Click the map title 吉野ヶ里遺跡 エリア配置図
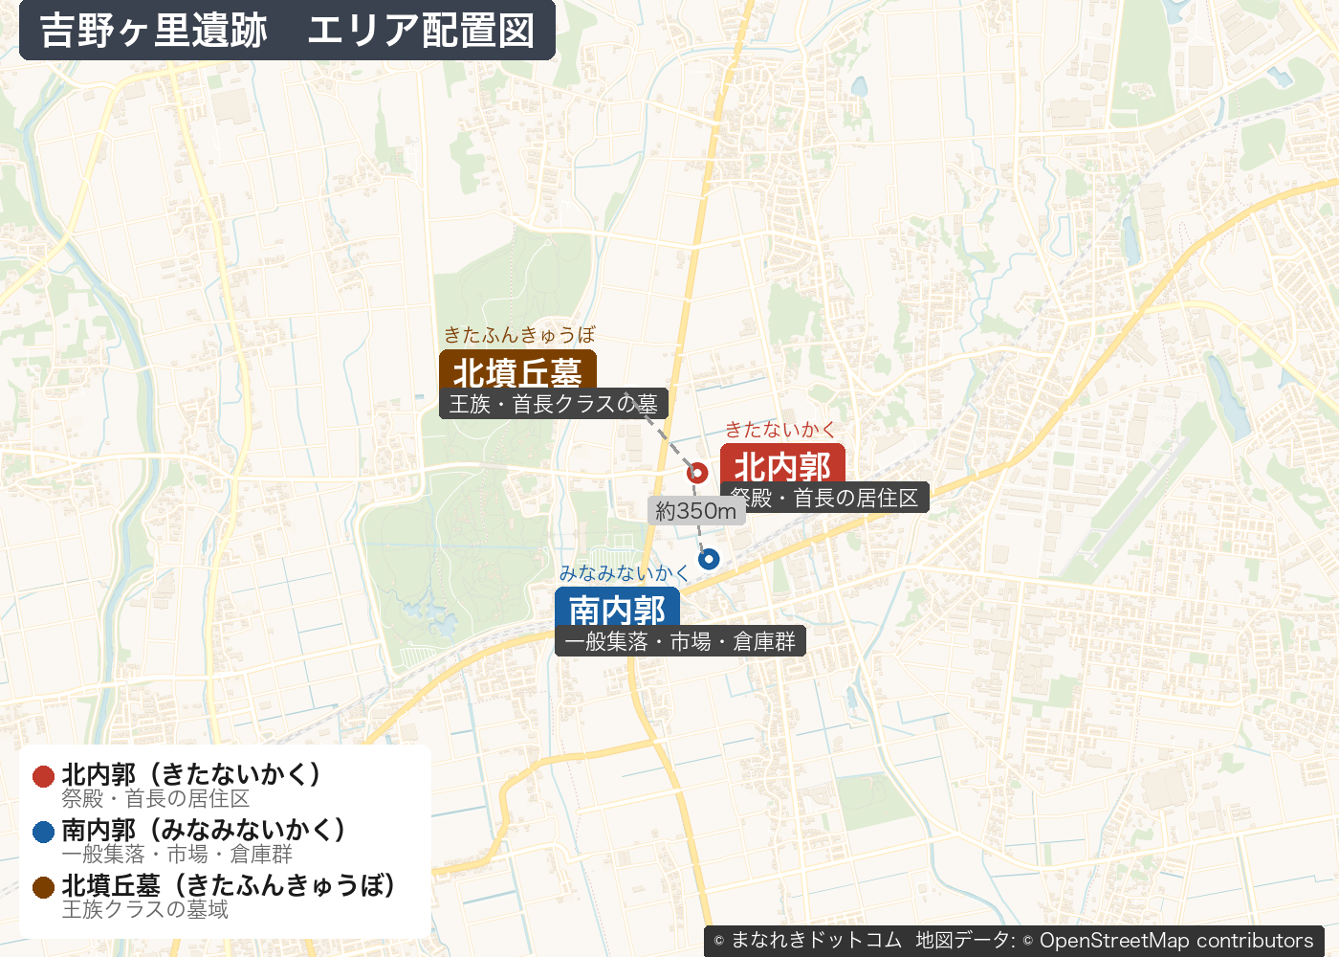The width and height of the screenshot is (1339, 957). point(287,31)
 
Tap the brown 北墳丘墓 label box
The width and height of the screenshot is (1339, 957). point(517,371)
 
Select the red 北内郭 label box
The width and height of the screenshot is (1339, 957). point(782,465)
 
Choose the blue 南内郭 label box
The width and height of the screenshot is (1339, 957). point(617,608)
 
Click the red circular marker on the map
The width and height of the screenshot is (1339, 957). point(697,472)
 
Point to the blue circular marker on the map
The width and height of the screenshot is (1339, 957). point(709,559)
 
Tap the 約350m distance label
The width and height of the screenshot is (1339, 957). point(696,511)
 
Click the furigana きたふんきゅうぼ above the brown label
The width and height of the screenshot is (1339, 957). point(519,335)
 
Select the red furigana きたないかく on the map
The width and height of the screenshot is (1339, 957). point(780,430)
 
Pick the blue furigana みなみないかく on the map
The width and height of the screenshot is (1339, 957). point(624,573)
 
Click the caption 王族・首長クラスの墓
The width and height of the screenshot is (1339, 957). point(554,404)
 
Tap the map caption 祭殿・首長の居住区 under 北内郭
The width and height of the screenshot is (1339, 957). point(824,498)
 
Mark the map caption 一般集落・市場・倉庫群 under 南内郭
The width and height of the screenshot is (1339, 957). point(680,641)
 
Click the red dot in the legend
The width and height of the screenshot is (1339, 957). point(43,776)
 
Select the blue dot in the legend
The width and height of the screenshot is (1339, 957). point(43,832)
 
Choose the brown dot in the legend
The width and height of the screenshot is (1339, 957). point(43,887)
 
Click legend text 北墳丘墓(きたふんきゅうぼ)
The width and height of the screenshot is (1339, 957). point(230,884)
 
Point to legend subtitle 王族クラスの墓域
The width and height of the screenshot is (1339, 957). point(145,909)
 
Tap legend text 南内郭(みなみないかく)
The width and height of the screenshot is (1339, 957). point(204,829)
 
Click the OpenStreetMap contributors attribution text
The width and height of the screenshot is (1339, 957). point(1176,941)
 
